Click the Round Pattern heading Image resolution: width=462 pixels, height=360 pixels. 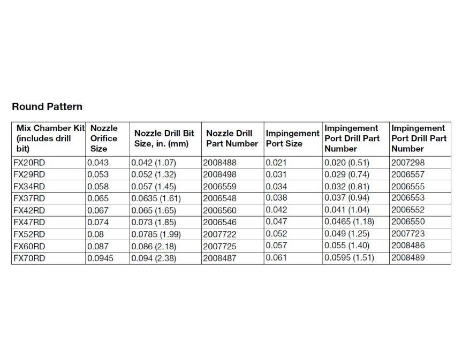[47, 106]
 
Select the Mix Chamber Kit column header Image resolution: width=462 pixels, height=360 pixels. [51, 139]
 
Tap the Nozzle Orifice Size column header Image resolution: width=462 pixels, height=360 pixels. [104, 139]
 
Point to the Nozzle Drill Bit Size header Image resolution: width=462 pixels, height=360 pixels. [164, 139]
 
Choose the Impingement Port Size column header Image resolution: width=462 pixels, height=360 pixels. [293, 139]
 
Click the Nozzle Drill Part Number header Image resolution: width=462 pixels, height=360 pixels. [232, 139]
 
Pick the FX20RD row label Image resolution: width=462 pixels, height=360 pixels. [29, 163]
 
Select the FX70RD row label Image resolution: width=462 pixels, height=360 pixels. [29, 258]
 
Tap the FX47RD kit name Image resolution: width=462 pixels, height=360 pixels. [29, 222]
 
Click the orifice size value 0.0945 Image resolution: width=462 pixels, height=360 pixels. [100, 258]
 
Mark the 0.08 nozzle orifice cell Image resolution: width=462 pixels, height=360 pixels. [95, 234]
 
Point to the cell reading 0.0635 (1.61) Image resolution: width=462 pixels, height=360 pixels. [156, 198]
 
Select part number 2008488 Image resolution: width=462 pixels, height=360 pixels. [219, 163]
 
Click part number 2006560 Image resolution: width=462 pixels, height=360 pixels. [219, 210]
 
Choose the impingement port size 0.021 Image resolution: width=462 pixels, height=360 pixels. [276, 163]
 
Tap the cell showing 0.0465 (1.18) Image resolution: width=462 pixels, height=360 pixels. [349, 221]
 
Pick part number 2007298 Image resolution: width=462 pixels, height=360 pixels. [408, 163]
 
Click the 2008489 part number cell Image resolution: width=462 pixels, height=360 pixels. [408, 258]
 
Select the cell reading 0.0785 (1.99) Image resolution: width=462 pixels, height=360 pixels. [156, 234]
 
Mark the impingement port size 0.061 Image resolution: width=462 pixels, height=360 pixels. [276, 258]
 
